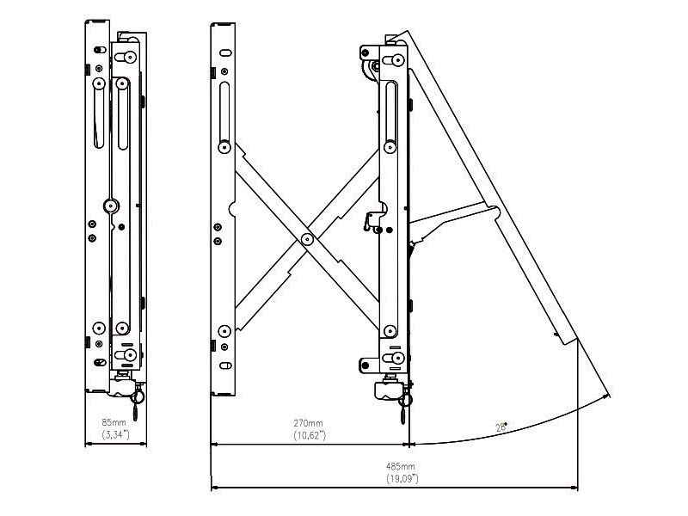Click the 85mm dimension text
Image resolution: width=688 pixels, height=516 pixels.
pos(114,422)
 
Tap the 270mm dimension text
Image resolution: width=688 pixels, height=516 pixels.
pos(309,422)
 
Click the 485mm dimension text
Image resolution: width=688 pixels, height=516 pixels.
pos(401,465)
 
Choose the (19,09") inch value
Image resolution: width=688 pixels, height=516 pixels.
pos(401,477)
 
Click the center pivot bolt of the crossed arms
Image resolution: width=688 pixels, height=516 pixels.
pos(307,238)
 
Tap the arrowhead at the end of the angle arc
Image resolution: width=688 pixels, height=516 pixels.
pos(607,397)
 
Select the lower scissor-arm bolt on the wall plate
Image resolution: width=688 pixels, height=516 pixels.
pos(224,329)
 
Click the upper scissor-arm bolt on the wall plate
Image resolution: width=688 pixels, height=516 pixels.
pos(224,144)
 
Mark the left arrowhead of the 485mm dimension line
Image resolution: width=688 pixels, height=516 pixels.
pos(214,487)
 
